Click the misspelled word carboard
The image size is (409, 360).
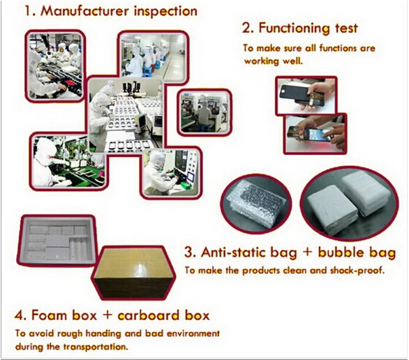149,315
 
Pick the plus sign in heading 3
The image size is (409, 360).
308,253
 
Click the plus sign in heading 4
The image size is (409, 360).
107,315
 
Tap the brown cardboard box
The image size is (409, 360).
133,273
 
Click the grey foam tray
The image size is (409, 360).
57,239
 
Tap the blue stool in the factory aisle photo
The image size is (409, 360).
147,71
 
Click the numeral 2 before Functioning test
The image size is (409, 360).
246,29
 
